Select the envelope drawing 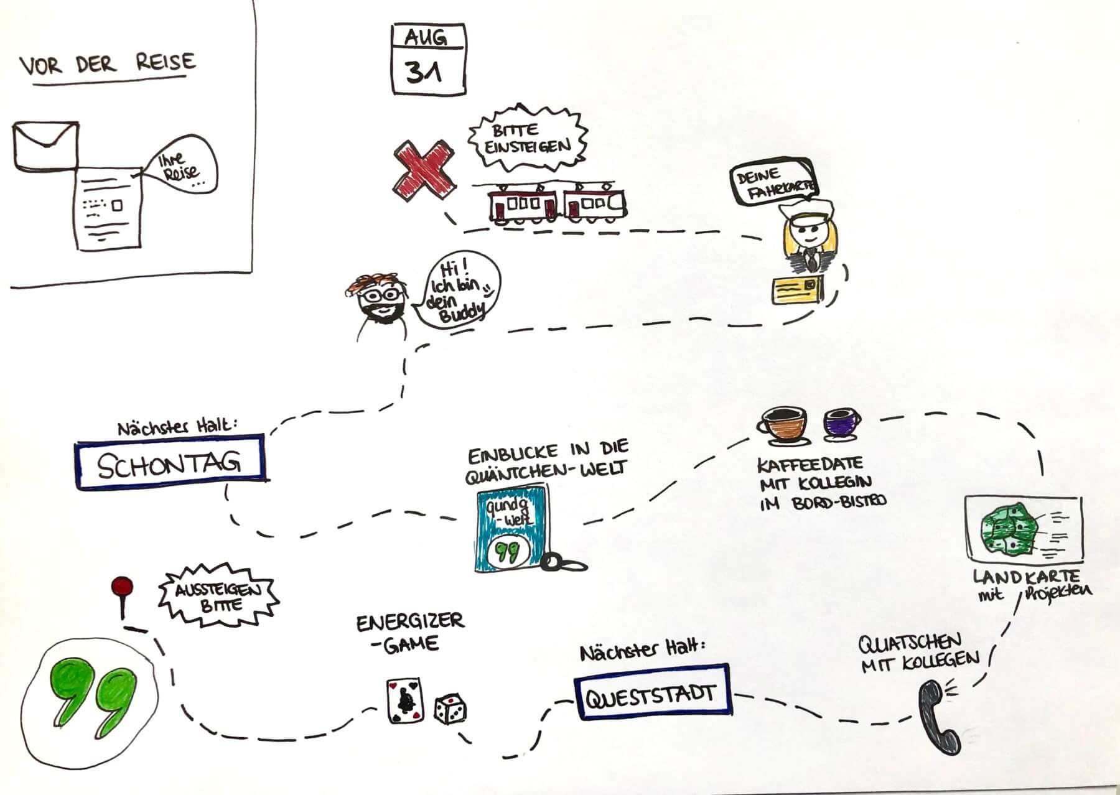[x=45, y=144]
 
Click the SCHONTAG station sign [x=169, y=461]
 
